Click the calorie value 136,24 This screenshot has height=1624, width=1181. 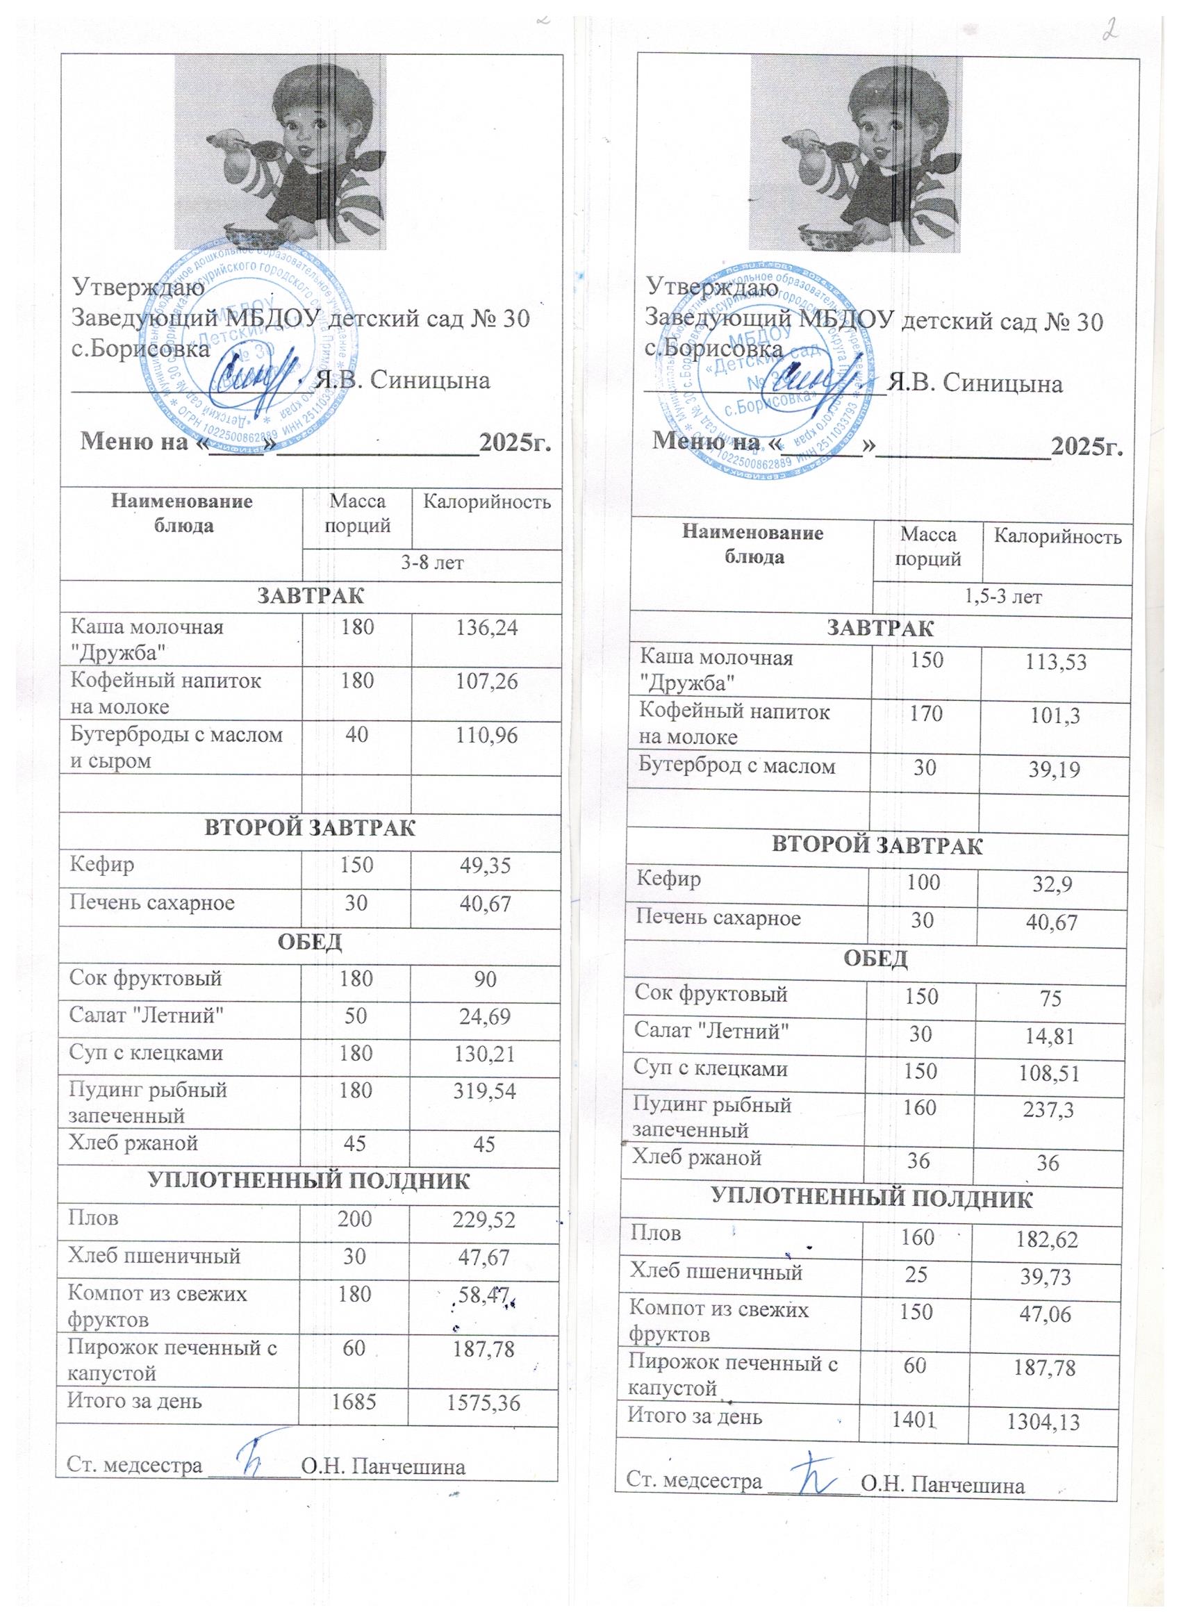486,629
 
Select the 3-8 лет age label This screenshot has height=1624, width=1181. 432,563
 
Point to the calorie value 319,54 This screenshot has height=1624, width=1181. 486,1091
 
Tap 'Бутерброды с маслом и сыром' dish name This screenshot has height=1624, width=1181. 176,747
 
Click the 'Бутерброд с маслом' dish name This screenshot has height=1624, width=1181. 737,766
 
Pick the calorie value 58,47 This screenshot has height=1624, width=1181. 484,1295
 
